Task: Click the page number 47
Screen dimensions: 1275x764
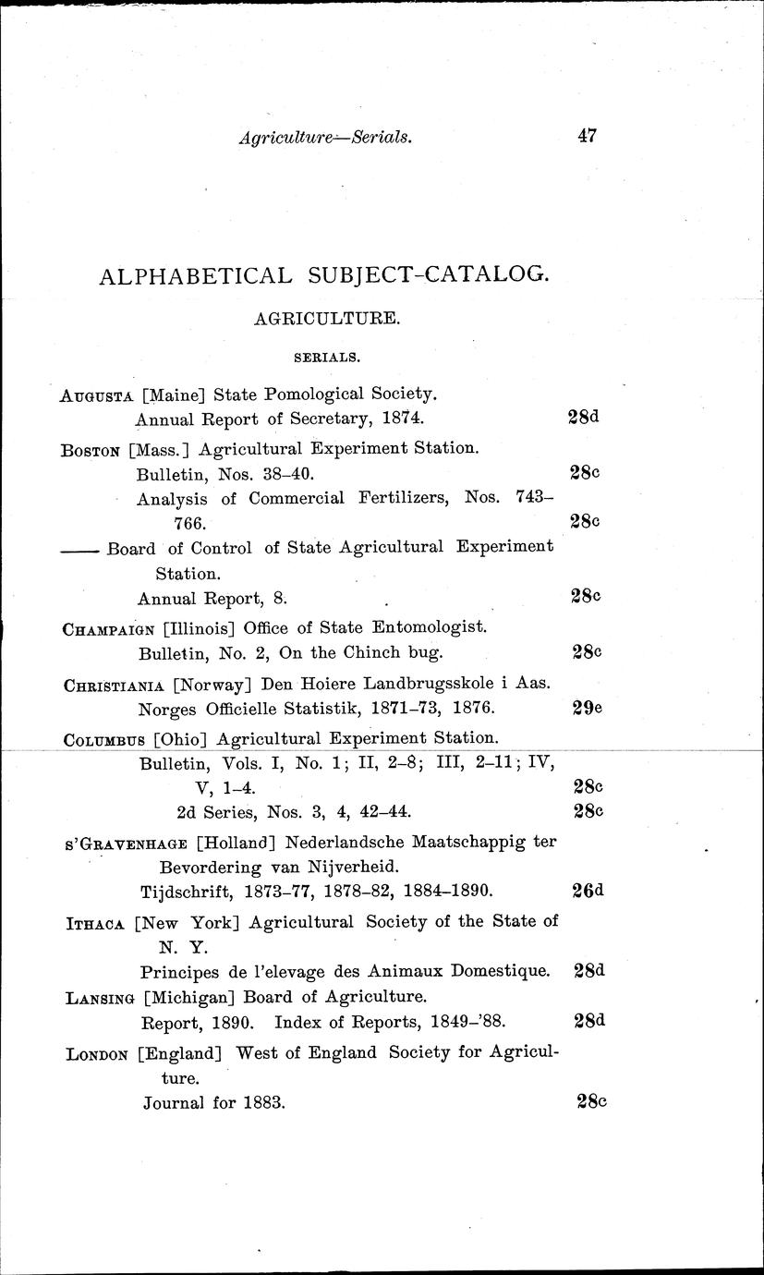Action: pos(587,136)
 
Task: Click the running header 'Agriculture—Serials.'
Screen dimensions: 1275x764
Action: pos(324,138)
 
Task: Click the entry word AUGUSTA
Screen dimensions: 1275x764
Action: pos(97,395)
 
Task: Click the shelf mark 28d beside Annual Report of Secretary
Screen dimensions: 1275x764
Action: pos(583,417)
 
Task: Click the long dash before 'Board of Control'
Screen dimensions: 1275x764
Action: pos(80,549)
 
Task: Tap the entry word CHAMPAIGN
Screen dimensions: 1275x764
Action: pos(108,629)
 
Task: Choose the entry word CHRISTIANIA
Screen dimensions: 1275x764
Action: pos(115,686)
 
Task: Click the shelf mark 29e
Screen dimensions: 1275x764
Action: pos(585,709)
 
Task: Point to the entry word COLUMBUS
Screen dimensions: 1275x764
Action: pos(104,739)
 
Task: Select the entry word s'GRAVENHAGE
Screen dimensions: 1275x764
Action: pos(123,844)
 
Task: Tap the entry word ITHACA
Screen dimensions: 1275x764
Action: pos(95,923)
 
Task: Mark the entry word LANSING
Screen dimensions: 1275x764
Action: pos(100,998)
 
